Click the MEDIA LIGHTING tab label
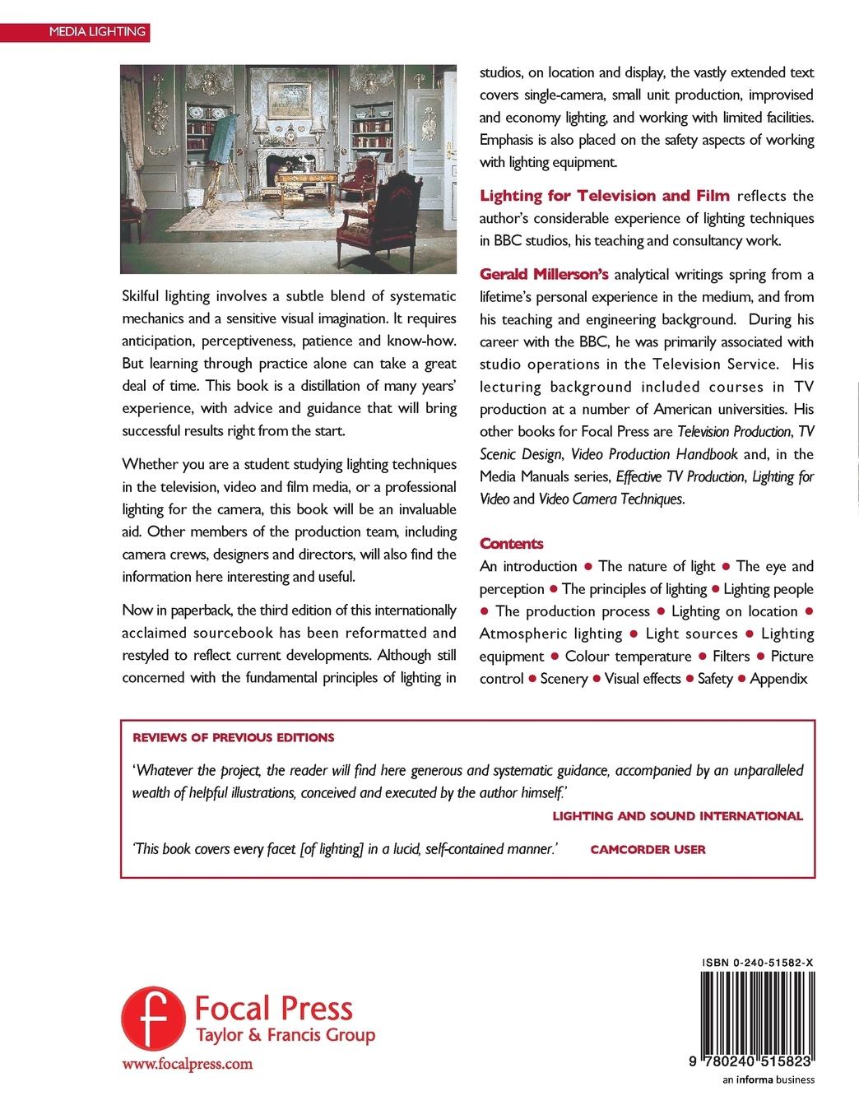[x=97, y=32]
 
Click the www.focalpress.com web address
[x=187, y=1064]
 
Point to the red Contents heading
[x=511, y=543]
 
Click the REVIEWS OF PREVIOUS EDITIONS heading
[x=233, y=737]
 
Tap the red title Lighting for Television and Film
[x=605, y=195]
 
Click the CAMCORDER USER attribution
[x=648, y=849]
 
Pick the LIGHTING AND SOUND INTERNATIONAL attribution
[x=677, y=815]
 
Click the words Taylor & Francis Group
[x=284, y=1036]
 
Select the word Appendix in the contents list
[x=779, y=679]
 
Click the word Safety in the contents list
[x=715, y=679]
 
